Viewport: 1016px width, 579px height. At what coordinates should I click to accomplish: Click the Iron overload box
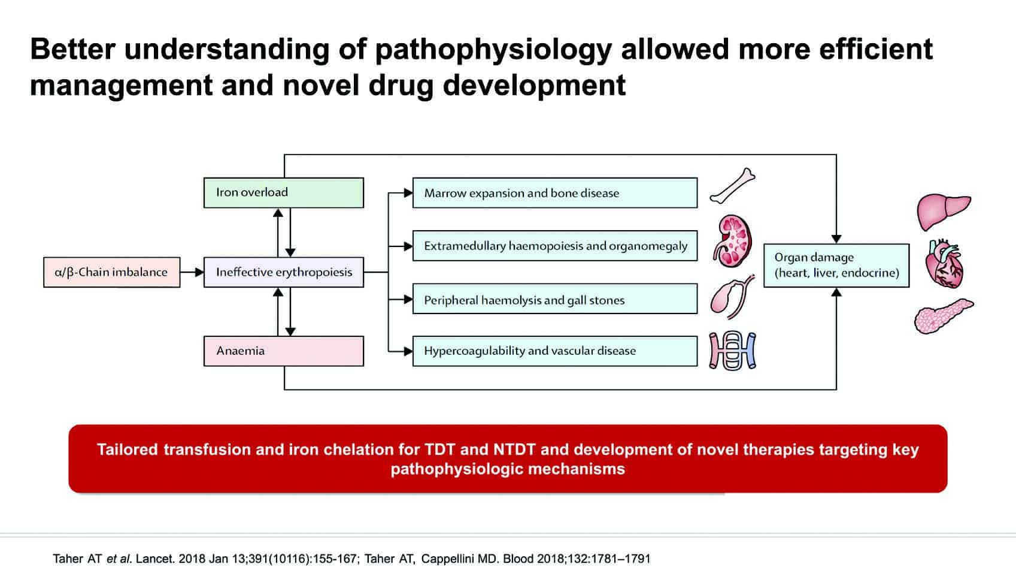(283, 192)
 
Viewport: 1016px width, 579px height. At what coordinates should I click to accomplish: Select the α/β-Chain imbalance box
(111, 272)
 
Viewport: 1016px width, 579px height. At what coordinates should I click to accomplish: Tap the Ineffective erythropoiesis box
(283, 272)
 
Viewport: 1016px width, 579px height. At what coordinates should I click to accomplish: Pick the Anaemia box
(283, 351)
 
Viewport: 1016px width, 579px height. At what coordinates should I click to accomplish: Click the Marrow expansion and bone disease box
(555, 193)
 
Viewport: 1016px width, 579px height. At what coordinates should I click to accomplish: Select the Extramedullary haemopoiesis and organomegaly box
(555, 246)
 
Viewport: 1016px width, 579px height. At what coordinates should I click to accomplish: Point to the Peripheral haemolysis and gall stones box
(555, 299)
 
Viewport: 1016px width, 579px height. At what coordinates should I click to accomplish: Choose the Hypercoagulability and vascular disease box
(555, 351)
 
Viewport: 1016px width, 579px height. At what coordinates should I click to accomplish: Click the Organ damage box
(836, 266)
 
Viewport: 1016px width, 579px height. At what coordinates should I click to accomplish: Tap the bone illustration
(732, 186)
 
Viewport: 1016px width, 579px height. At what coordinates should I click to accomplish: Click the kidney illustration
(732, 241)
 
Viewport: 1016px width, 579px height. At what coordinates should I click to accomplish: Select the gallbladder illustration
(731, 297)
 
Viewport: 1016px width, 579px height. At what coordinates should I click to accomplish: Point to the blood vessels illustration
(733, 351)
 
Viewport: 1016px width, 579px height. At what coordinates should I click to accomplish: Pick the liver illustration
(944, 211)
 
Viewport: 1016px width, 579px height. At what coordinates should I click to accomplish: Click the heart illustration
(944, 264)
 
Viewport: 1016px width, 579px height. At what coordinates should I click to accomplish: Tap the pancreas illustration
(944, 316)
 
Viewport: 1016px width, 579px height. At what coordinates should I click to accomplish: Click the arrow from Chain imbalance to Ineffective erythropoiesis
(192, 272)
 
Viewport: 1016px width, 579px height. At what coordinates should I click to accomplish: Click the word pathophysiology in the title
(493, 50)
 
